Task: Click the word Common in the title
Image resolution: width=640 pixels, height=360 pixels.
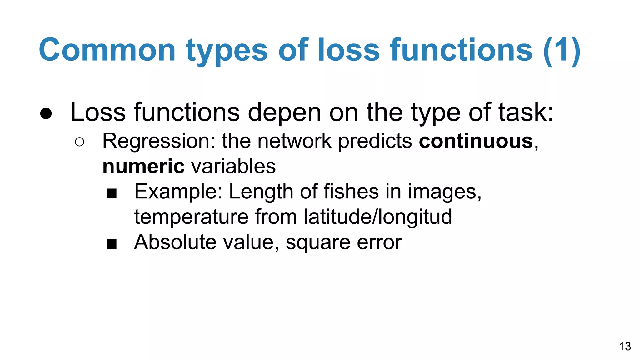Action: pos(107,50)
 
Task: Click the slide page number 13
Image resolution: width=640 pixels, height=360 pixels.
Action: pos(625,346)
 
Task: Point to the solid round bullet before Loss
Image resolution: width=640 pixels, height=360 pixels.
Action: pos(46,113)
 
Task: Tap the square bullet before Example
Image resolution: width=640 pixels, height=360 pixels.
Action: pos(111,193)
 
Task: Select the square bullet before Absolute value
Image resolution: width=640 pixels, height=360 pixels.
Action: pos(111,244)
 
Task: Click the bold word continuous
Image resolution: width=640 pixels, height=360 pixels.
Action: pos(476,141)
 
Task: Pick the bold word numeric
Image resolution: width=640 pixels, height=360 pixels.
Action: pos(143,166)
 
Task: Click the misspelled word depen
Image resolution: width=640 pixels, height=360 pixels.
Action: pos(284,112)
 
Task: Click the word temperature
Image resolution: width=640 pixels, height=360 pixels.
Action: pos(191,217)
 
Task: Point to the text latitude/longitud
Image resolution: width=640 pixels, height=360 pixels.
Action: pos(377,217)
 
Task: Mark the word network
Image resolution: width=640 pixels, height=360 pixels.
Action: pos(294,141)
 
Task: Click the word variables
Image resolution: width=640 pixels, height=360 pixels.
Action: pos(233,166)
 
